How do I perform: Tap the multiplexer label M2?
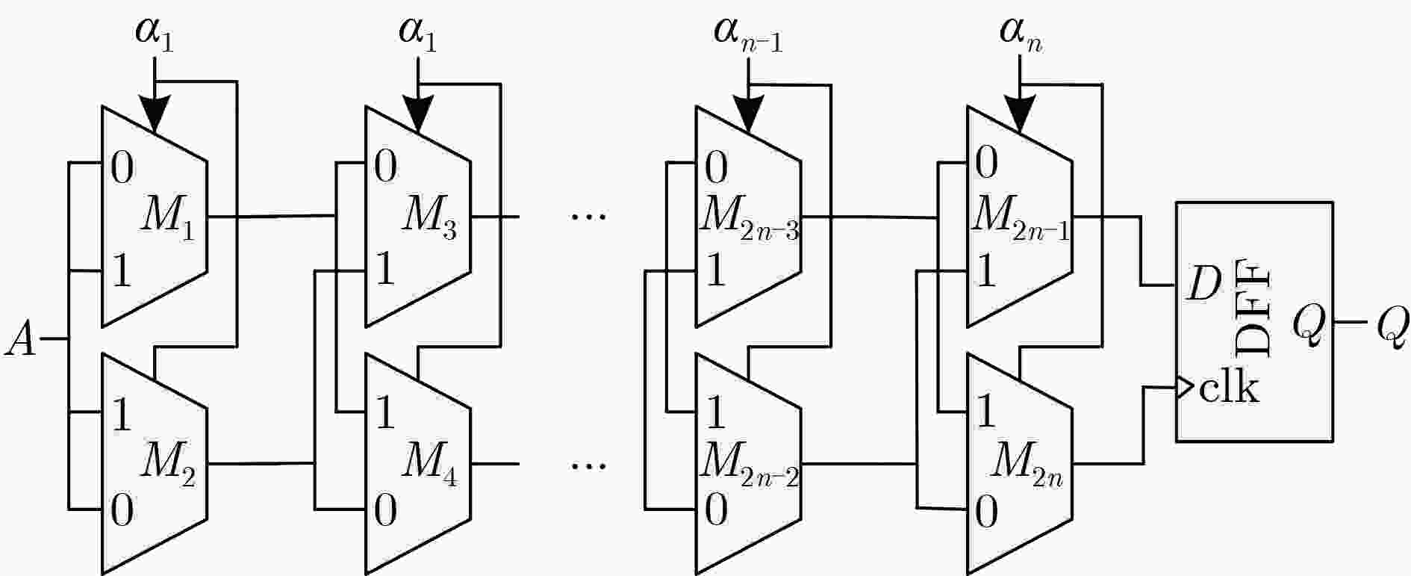point(169,464)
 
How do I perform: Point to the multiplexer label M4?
point(430,464)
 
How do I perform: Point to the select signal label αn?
point(1020,35)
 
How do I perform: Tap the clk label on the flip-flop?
point(1229,388)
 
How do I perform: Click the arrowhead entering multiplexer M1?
point(155,115)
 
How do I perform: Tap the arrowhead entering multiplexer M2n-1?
point(1020,115)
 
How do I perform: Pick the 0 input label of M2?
point(122,511)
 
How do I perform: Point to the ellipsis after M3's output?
point(589,217)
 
